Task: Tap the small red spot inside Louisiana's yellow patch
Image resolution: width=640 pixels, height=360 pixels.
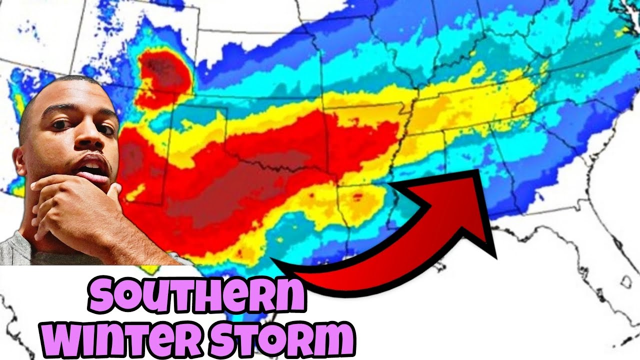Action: click(357, 196)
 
